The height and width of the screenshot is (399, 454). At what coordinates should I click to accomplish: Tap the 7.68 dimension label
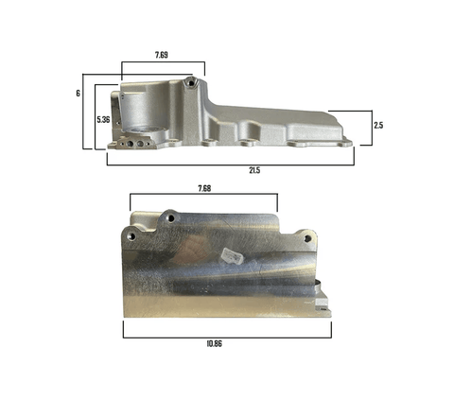204,188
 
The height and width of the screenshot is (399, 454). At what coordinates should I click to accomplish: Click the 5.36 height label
104,120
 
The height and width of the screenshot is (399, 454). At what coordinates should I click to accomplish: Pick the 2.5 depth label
377,125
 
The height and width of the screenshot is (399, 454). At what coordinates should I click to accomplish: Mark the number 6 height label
79,94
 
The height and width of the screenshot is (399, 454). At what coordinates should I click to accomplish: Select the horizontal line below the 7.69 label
163,63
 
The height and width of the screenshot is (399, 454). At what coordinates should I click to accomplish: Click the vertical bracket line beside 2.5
368,125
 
